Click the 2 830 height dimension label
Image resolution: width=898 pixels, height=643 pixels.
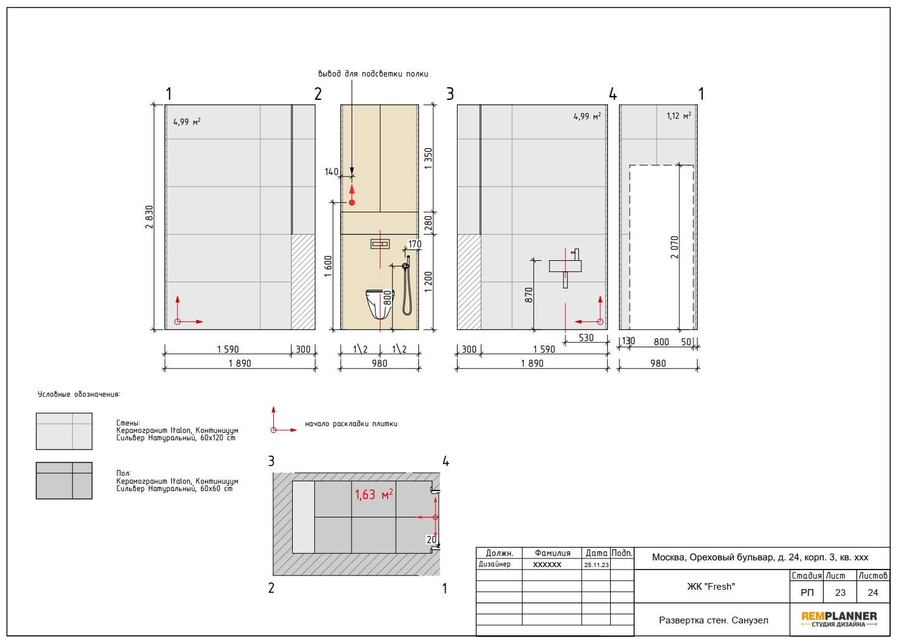[x=149, y=217]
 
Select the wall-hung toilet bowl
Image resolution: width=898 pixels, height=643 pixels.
[x=378, y=304]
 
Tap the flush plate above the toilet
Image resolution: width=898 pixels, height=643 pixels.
[x=380, y=244]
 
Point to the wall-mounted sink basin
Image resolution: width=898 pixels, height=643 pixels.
[x=565, y=266]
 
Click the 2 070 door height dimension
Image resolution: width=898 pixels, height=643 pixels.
[x=674, y=247]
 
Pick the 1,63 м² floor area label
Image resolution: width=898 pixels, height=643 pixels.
[x=374, y=494]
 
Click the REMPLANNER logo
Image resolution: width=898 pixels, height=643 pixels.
[x=839, y=619]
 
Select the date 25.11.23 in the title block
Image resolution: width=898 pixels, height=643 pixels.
[x=596, y=565]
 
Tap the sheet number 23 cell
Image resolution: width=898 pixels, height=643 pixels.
[x=840, y=593]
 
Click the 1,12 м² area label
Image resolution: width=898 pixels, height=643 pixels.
[x=679, y=116]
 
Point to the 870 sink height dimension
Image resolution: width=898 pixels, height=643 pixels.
[x=529, y=295]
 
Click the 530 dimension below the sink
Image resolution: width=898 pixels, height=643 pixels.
[x=586, y=337]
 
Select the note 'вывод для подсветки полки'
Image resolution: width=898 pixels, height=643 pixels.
[x=373, y=73]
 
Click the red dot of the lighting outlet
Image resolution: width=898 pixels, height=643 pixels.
[x=352, y=203]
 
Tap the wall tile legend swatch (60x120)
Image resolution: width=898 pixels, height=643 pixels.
[x=64, y=431]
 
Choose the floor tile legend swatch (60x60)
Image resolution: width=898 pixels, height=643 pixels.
[x=64, y=481]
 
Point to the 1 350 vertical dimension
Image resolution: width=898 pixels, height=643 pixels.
[x=429, y=159]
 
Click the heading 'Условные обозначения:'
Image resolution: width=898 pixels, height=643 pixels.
[x=78, y=394]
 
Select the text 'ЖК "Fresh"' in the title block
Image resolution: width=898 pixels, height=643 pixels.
[x=711, y=587]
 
